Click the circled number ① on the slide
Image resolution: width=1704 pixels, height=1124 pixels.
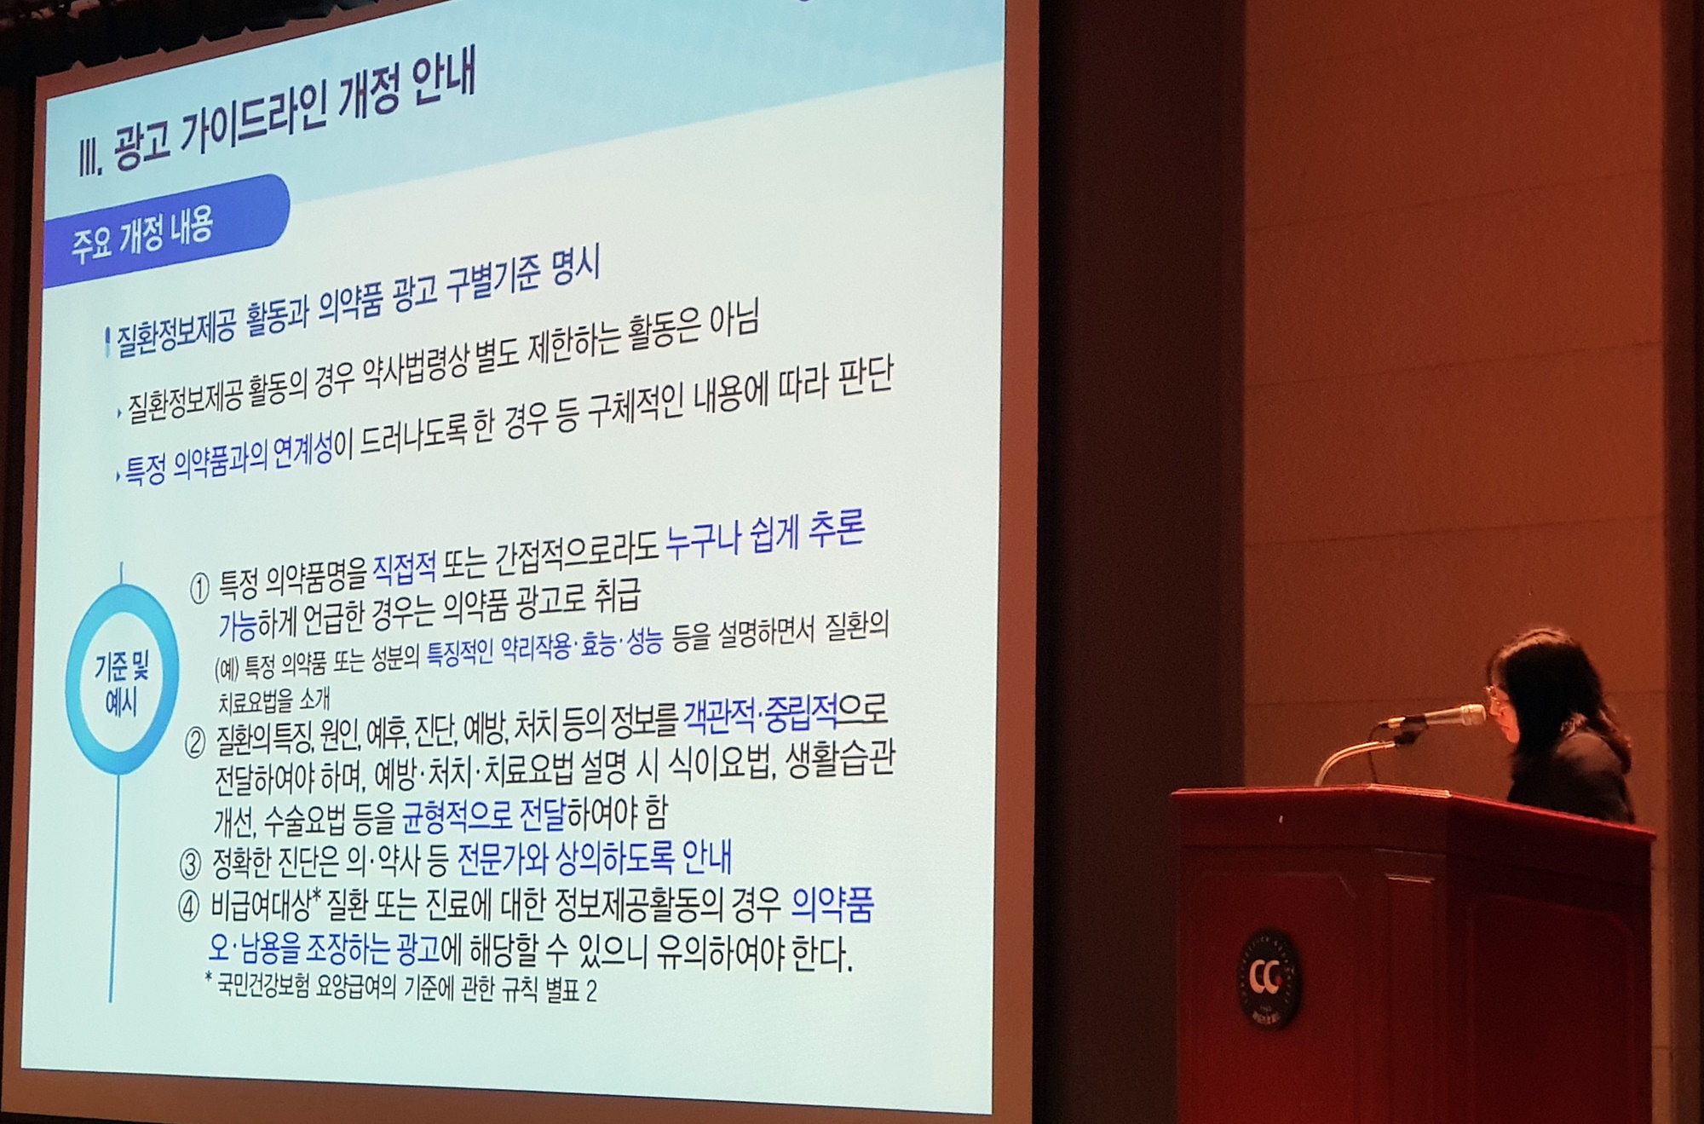(x=199, y=589)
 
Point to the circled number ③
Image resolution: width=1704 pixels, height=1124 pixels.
(x=189, y=864)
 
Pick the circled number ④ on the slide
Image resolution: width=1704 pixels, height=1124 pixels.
(x=189, y=908)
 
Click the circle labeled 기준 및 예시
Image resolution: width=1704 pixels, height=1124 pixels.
(x=122, y=679)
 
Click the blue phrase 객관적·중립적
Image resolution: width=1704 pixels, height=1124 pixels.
(x=760, y=716)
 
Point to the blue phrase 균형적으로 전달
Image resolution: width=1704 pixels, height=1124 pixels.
(x=482, y=816)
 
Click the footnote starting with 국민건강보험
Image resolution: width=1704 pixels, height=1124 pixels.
(x=401, y=989)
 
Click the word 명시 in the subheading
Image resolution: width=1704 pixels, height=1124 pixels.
(x=576, y=268)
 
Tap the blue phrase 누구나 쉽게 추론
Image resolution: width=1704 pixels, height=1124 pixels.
(x=765, y=534)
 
